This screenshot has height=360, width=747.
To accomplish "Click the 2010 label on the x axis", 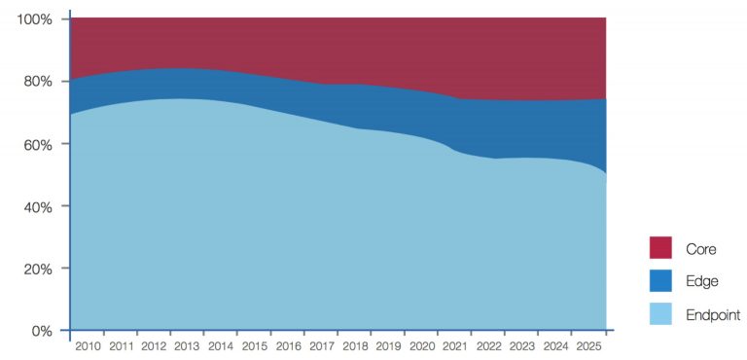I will pyautogui.click(x=89, y=345).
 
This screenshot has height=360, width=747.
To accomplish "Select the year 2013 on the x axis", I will pyautogui.click(x=189, y=345).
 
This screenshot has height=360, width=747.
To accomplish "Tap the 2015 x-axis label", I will pyautogui.click(x=256, y=345).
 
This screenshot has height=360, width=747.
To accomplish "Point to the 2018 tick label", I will pyautogui.click(x=356, y=345).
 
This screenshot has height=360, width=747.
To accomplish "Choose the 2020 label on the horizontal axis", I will pyautogui.click(x=423, y=345).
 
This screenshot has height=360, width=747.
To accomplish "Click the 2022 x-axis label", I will pyautogui.click(x=489, y=345).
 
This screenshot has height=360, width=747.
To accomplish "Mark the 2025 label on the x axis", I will pyautogui.click(x=589, y=345).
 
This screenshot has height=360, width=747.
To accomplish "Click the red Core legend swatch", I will pyautogui.click(x=660, y=249).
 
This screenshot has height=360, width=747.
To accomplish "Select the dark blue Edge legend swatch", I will pyautogui.click(x=660, y=281).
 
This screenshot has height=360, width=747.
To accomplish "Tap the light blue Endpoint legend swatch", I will pyautogui.click(x=660, y=313).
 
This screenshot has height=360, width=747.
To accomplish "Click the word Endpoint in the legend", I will pyautogui.click(x=713, y=314).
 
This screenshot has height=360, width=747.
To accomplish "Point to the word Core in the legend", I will pyautogui.click(x=701, y=250).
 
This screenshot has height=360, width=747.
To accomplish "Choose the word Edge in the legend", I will pyautogui.click(x=701, y=282).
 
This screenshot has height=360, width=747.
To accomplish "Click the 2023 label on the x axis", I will pyautogui.click(x=523, y=345).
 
